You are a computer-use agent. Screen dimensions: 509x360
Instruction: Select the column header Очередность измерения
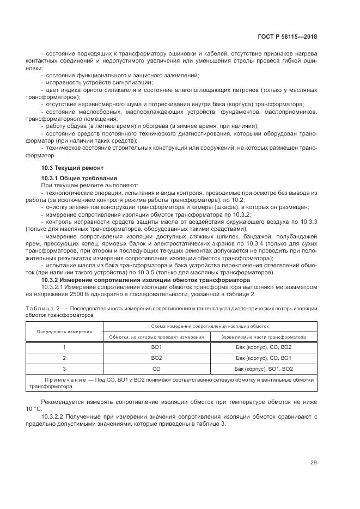64,331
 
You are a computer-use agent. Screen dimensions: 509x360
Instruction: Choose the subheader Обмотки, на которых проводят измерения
156,337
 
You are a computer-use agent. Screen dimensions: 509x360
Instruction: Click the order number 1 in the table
64,347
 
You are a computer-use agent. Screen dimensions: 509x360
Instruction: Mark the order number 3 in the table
64,369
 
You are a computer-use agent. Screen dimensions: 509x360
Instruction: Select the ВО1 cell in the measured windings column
156,347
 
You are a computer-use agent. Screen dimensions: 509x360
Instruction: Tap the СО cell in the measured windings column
156,369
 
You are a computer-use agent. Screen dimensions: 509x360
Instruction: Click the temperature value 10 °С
33,408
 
